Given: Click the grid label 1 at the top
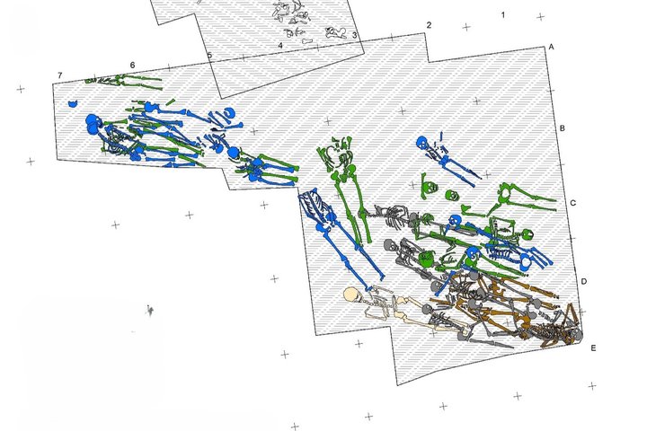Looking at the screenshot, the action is (503, 15).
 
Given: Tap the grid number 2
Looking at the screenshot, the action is (429, 25).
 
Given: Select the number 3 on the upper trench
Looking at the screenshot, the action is (354, 36).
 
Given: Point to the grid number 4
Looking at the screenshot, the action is (280, 46).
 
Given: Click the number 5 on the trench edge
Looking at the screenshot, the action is (209, 56).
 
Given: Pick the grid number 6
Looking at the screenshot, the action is (132, 66).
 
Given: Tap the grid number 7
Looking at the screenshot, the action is (60, 75).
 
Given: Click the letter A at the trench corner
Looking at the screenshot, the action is (551, 47).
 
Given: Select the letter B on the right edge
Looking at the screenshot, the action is (562, 128).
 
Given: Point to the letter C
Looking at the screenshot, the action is (572, 203).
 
